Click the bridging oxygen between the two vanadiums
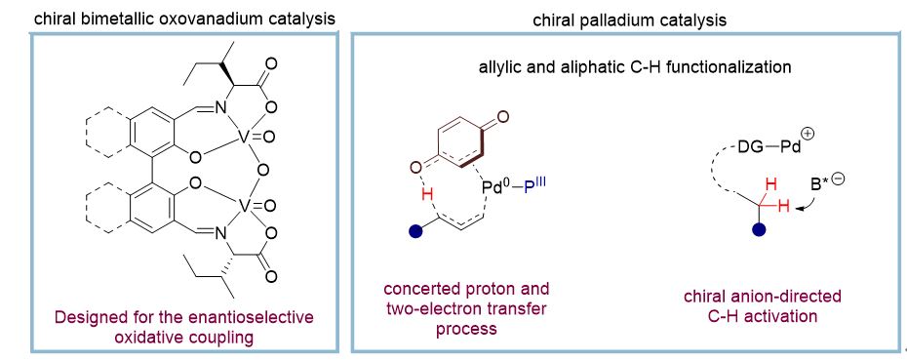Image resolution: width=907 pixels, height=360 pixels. point(263,171)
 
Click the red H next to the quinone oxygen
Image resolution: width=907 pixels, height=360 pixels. point(427,196)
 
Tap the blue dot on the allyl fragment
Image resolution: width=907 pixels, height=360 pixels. point(414,231)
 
